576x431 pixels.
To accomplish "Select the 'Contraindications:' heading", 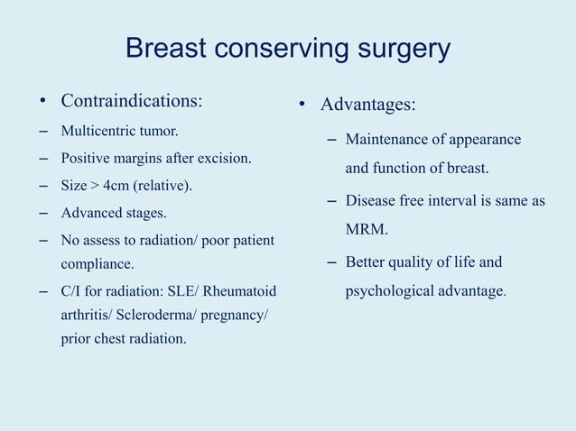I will click(x=132, y=99).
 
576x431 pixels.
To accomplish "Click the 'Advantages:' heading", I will click(x=368, y=105).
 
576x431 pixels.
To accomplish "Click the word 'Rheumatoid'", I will click(x=246, y=292).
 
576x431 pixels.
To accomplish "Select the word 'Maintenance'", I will click(x=384, y=140).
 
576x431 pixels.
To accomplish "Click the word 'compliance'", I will click(x=96, y=264).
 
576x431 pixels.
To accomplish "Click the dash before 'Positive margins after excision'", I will click(x=43, y=159).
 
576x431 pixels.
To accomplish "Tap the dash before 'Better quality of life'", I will click(x=330, y=262).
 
